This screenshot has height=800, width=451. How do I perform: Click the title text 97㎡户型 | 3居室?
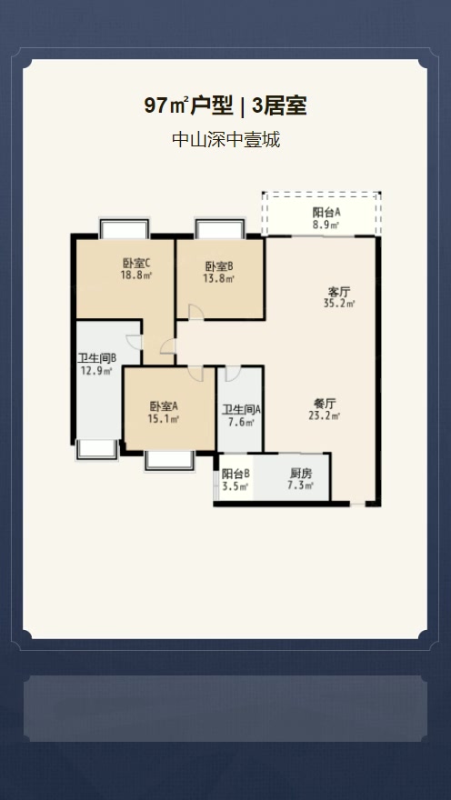(225, 106)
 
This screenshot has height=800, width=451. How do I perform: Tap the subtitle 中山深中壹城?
(225, 141)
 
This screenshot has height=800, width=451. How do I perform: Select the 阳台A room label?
(326, 212)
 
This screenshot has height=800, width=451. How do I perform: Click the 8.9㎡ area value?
(326, 225)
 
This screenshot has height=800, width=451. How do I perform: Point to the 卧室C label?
(136, 265)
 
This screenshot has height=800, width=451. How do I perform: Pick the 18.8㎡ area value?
(136, 277)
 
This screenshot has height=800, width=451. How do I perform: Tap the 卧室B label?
(219, 266)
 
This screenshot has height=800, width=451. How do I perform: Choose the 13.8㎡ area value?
(219, 279)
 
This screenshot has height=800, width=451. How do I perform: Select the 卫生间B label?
(96, 357)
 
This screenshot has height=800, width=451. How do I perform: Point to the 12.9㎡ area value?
(96, 370)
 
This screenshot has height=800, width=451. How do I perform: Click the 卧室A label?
(164, 406)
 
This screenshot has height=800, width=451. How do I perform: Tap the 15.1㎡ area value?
(164, 419)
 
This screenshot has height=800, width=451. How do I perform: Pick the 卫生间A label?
(241, 409)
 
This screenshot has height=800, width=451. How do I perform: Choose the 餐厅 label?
(325, 403)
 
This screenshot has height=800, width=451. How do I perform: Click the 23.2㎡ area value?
(325, 415)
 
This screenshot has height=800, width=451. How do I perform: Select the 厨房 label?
(301, 474)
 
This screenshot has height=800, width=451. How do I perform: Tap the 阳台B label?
(236, 474)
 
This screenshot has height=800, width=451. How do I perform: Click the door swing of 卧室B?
(195, 312)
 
